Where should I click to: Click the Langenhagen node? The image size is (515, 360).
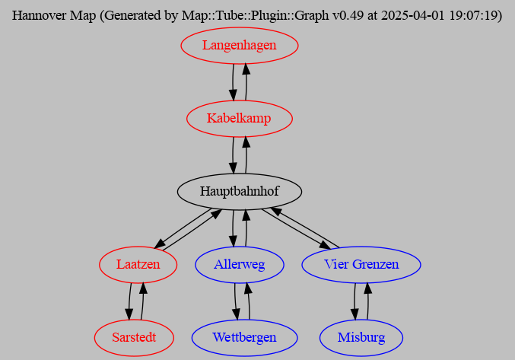click(239, 46)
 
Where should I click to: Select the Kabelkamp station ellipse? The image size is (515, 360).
click(239, 119)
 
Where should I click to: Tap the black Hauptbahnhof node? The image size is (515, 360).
click(239, 191)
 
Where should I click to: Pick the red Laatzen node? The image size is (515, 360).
click(138, 264)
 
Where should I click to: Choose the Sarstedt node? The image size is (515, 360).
click(135, 337)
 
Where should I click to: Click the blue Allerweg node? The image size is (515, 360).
click(240, 264)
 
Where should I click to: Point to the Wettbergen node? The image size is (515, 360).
click(243, 337)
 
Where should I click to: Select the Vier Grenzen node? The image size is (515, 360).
click(361, 264)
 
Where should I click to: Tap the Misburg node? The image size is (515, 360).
click(361, 337)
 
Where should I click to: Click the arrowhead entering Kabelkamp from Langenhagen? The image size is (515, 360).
click(233, 94)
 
